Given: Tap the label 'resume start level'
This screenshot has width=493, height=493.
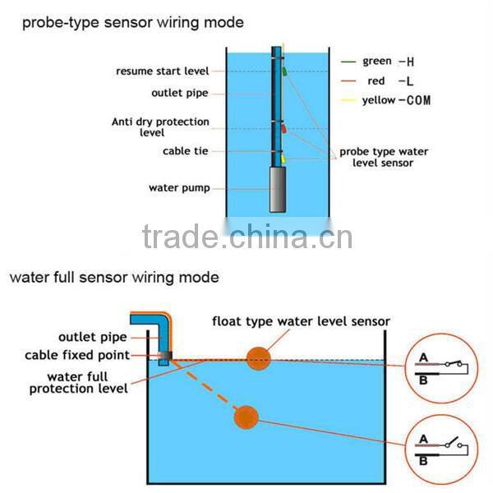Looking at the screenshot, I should coord(162,71).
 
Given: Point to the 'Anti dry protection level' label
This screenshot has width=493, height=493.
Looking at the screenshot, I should coord(160,127).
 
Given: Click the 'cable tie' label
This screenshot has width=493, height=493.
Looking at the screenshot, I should coord(186,151).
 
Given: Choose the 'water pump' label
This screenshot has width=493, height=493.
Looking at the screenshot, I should coord(178,188).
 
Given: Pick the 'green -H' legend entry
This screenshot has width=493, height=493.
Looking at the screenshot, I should coord(385,62).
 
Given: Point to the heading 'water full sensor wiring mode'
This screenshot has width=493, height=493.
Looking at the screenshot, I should coord(114,278).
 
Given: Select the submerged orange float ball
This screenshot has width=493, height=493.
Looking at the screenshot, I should coord(246,417).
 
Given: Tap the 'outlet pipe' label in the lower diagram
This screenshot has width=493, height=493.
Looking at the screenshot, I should coord(91,337).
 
